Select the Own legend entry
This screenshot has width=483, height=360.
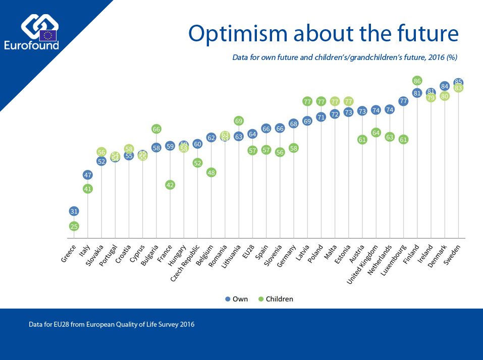coord(236,299)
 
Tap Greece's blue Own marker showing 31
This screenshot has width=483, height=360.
coord(74,211)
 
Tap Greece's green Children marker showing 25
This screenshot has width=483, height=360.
coord(74,226)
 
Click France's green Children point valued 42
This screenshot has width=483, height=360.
coord(170,185)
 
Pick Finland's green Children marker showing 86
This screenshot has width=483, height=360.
coord(417,81)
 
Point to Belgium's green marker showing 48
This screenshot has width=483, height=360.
coord(211,172)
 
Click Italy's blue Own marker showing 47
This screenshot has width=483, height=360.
coord(88,175)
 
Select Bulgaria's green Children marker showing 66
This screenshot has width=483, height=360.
coord(156,129)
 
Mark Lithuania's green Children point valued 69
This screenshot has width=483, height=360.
coord(239,121)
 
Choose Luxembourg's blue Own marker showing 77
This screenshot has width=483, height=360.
coord(403,101)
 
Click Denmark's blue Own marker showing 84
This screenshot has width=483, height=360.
coord(445,86)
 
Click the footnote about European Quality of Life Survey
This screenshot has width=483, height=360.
coord(112,325)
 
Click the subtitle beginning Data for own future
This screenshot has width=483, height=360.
coord(344,57)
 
